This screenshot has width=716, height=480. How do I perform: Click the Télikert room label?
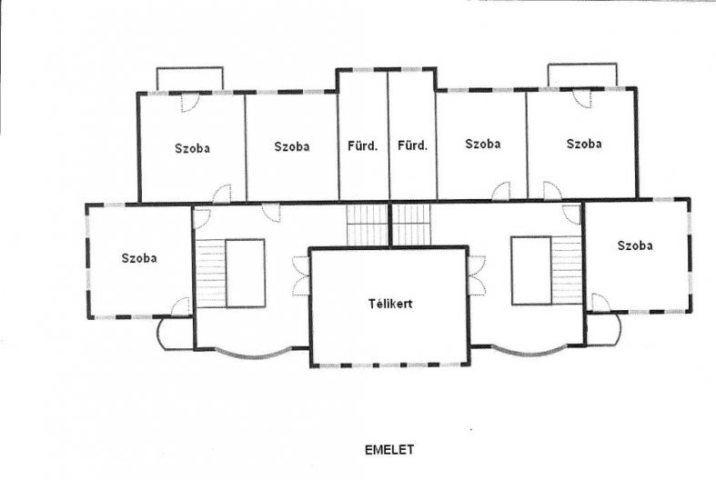(x=390, y=304)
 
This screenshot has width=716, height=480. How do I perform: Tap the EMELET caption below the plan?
(x=389, y=449)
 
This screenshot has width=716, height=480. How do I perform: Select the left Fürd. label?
(x=363, y=146)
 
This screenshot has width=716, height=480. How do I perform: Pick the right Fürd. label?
(x=412, y=145)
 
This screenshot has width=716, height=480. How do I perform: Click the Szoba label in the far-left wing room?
(x=139, y=258)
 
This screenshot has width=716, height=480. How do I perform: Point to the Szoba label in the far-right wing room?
(x=635, y=245)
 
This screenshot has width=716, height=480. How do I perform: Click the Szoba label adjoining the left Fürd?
(x=292, y=146)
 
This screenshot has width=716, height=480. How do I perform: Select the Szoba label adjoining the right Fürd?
(x=483, y=144)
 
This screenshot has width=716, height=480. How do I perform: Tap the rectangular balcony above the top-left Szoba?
(x=190, y=79)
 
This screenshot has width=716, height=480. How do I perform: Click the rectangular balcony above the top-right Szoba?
(x=582, y=75)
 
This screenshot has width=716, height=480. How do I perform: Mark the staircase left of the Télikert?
(x=210, y=273)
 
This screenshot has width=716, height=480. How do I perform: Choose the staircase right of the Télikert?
(x=566, y=270)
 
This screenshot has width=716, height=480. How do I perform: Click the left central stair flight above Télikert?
(x=368, y=225)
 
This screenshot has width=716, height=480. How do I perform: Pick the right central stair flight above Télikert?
(x=412, y=225)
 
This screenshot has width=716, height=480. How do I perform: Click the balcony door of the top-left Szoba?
(x=190, y=103)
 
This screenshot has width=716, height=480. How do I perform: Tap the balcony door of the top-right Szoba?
(x=582, y=98)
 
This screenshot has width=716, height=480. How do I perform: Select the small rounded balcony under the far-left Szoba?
(x=175, y=334)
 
